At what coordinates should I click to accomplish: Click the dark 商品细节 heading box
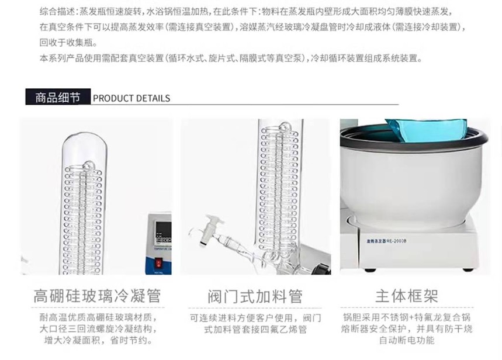[58, 97]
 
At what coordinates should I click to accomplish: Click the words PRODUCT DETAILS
[131, 98]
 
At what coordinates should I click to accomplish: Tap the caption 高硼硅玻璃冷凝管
[97, 296]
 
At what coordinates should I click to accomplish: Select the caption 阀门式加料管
[255, 296]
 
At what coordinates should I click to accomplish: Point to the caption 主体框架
[407, 296]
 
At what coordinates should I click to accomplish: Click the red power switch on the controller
[158, 264]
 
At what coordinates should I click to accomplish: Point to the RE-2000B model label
[387, 241]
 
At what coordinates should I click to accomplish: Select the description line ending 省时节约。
[98, 340]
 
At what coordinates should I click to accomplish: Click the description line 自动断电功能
[407, 340]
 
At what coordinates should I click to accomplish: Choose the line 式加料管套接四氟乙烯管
[255, 329]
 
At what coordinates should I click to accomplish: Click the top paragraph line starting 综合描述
[246, 12]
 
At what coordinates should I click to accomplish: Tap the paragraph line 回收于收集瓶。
[68, 43]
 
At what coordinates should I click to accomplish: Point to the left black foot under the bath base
[371, 270]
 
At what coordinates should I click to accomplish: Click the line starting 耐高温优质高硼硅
[98, 318]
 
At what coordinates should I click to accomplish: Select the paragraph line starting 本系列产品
[231, 58]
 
